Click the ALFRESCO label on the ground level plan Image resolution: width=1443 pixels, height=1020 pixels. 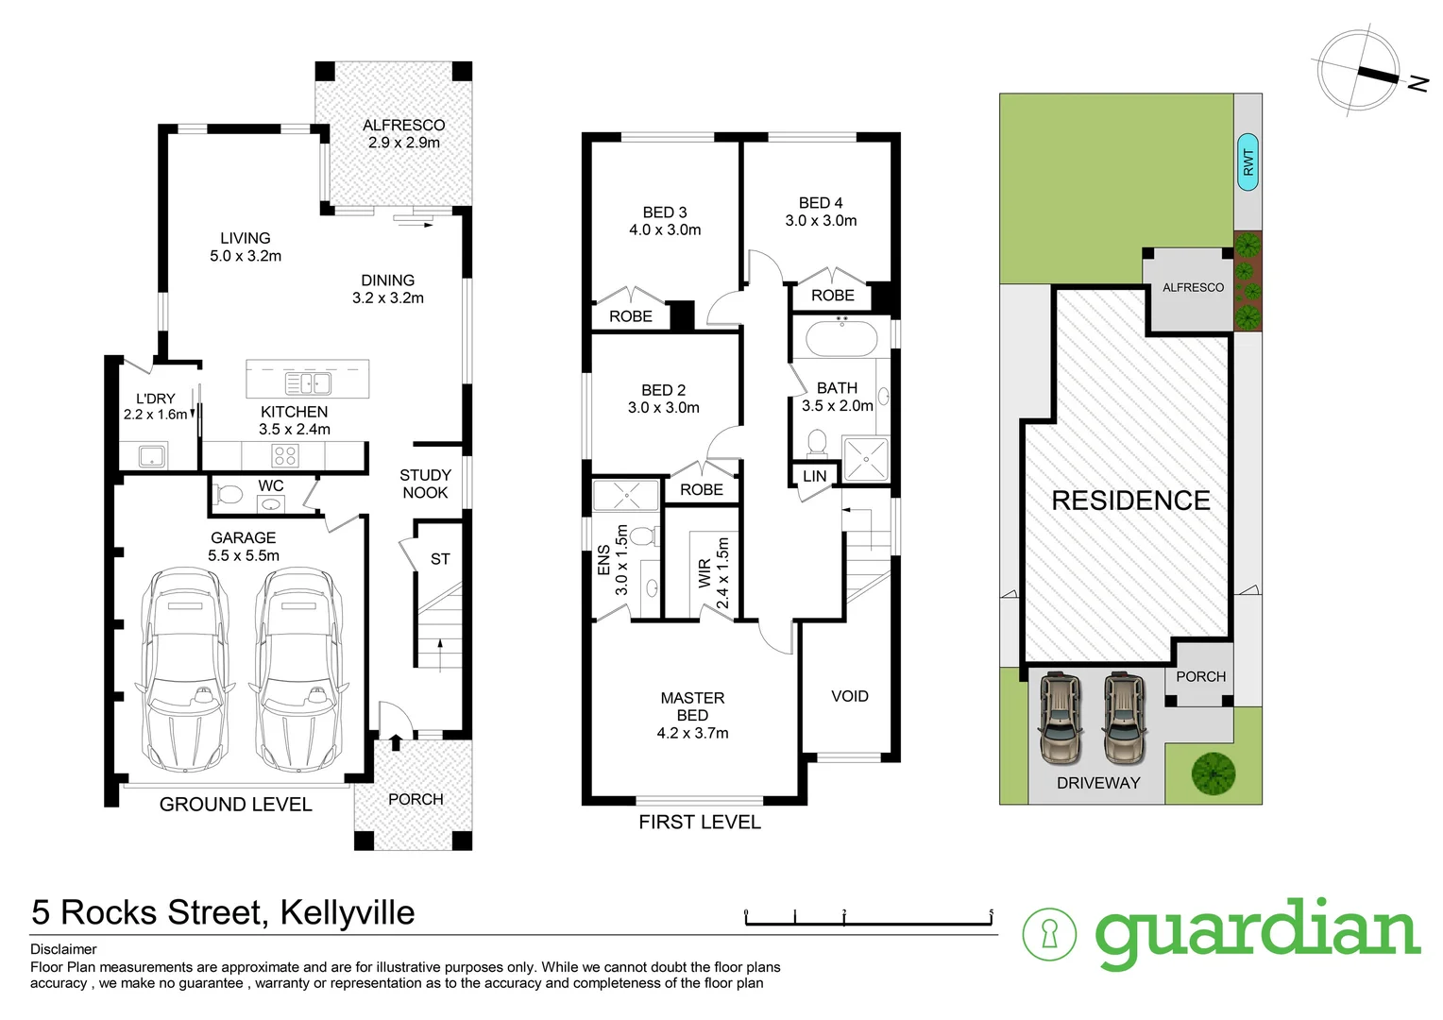click(403, 125)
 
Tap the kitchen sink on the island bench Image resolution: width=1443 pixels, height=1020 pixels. click(308, 383)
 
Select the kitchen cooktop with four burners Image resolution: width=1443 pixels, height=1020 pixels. click(285, 457)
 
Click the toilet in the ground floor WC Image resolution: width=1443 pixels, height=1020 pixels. click(228, 494)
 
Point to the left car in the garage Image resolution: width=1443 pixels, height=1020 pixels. click(185, 666)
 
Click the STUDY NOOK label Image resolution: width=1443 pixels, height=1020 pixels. click(425, 484)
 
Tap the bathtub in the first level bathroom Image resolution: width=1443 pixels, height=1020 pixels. click(841, 338)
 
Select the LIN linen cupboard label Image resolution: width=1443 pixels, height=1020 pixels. click(814, 476)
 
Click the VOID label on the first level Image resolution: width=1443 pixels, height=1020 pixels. click(849, 696)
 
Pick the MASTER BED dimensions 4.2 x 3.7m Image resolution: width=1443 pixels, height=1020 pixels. click(692, 733)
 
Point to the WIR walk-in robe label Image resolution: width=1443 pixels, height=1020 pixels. click(705, 574)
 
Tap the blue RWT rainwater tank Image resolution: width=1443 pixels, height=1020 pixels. click(1248, 161)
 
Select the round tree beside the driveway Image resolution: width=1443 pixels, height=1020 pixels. click(1214, 773)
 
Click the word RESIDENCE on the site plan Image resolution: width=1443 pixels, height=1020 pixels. click(1130, 501)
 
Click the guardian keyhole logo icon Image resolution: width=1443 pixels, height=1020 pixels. click(1049, 934)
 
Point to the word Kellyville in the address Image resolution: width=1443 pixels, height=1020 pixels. click(348, 912)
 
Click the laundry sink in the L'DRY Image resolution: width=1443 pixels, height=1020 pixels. click(152, 456)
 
